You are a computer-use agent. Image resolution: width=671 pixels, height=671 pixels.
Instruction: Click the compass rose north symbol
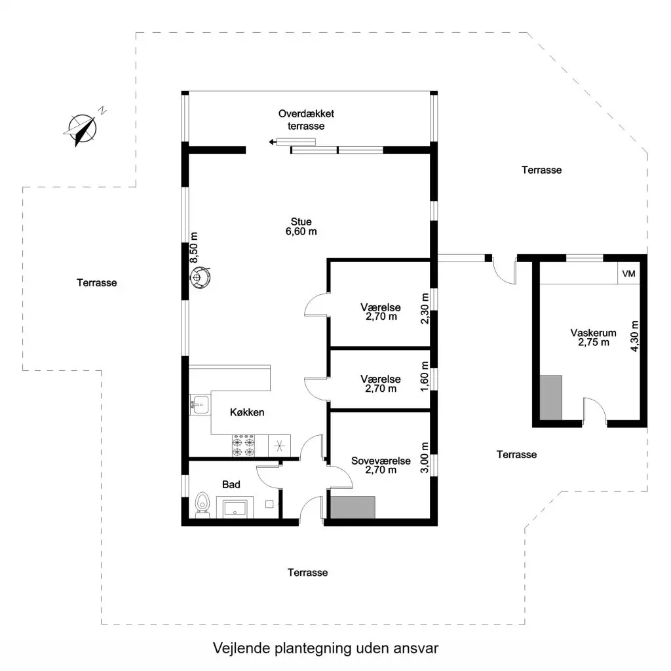81,128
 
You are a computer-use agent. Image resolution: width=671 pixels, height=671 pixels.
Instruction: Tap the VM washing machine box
628,273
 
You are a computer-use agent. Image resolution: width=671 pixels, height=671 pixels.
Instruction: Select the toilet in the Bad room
202,505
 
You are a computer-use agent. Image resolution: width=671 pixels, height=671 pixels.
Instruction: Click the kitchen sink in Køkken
199,404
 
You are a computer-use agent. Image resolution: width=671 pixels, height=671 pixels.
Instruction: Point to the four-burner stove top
243,446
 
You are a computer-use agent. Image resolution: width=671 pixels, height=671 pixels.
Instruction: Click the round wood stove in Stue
200,277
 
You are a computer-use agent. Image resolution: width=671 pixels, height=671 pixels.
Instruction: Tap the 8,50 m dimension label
194,247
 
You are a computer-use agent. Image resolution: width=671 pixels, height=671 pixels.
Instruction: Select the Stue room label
301,227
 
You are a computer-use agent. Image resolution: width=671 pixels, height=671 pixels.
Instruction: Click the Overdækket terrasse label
306,120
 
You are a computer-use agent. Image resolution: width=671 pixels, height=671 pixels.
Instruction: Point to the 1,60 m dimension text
425,376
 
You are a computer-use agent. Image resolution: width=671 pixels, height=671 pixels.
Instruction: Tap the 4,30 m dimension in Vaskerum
634,336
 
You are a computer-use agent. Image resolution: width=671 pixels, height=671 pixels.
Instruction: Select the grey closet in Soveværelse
353,508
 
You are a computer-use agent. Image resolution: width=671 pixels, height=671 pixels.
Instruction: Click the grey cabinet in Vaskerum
550,398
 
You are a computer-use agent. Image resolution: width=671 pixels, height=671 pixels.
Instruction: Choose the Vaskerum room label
593,337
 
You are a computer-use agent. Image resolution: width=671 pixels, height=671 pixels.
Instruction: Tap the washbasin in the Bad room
235,508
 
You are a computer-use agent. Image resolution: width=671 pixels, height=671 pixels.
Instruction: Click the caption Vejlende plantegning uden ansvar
326,648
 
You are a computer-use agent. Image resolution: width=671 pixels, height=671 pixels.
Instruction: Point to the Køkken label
247,412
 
